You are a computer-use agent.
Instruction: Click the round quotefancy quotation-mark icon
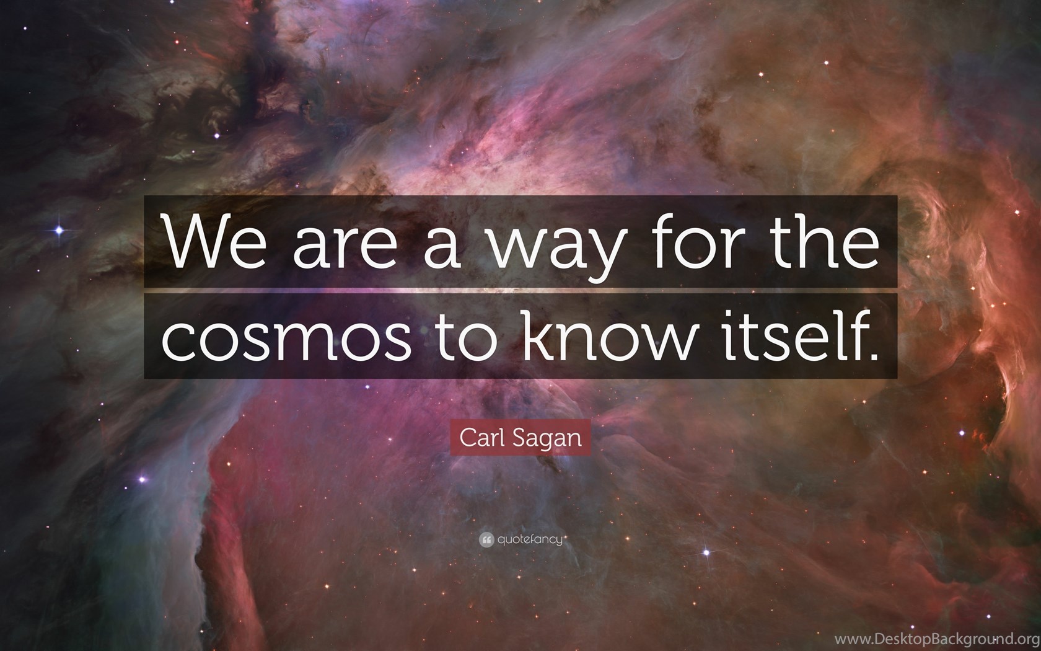(x=486, y=540)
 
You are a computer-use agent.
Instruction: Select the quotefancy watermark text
(x=530, y=540)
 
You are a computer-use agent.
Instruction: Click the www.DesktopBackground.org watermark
(x=938, y=639)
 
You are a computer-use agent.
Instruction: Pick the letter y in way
(x=604, y=255)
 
